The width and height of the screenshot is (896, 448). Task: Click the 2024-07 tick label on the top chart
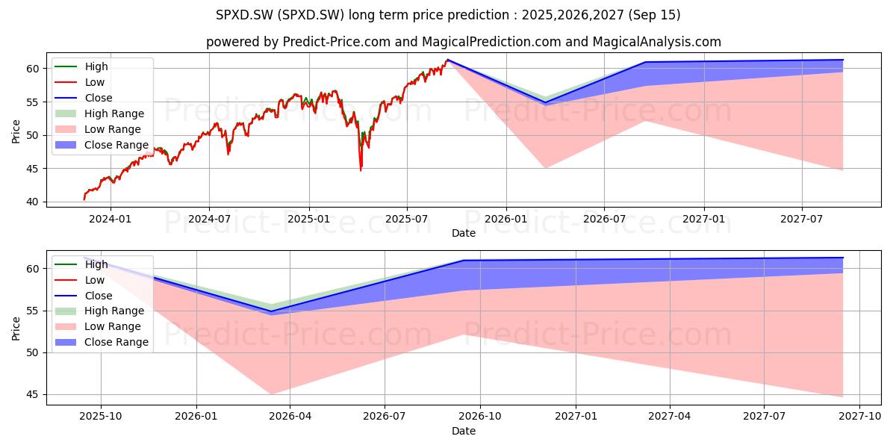[x=209, y=220]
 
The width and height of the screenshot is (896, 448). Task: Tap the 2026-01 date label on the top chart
[x=506, y=220]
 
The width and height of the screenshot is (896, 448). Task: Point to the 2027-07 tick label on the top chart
[x=802, y=220]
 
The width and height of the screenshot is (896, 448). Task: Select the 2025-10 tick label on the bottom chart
[x=101, y=417]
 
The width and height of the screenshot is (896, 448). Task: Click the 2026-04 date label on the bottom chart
[x=290, y=417]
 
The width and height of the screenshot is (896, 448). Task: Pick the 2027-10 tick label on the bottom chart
[x=860, y=417]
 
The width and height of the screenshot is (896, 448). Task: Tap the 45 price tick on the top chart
[x=33, y=169]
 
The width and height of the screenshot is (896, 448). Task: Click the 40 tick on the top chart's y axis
[x=33, y=202]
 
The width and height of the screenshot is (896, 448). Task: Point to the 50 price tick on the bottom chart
[x=33, y=352]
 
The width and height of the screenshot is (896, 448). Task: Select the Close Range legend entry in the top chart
[x=102, y=145]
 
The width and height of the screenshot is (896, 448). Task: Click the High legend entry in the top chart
[x=81, y=66]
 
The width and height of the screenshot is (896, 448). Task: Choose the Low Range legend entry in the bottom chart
[x=98, y=326]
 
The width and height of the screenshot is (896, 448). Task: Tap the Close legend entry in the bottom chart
[x=84, y=296]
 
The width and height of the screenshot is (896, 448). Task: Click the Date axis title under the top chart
[x=464, y=233]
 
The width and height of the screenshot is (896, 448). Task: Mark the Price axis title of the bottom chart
[x=16, y=329]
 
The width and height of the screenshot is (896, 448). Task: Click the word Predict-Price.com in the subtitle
[x=337, y=42]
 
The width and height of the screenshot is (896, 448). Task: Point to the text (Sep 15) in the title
[x=654, y=15]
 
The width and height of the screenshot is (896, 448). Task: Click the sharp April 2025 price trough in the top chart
[x=361, y=171]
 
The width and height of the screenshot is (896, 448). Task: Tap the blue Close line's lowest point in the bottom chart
[x=271, y=311]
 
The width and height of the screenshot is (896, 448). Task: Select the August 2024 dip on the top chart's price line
[x=228, y=155]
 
